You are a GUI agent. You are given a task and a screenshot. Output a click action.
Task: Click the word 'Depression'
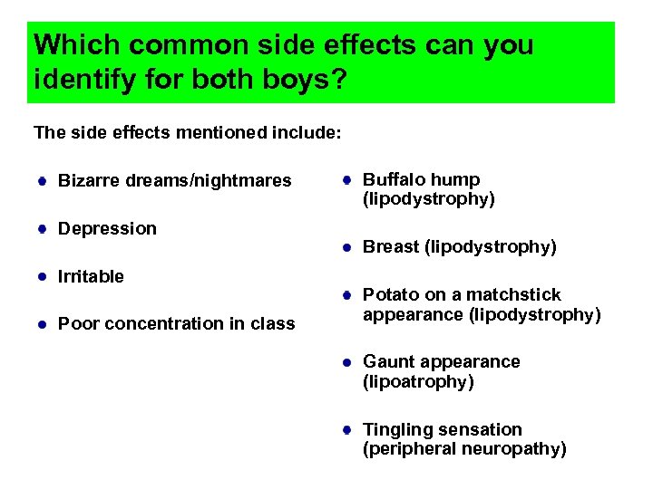[x=107, y=229]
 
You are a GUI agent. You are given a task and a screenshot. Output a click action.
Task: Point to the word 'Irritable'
[x=91, y=276]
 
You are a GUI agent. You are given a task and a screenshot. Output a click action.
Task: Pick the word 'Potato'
[x=390, y=295]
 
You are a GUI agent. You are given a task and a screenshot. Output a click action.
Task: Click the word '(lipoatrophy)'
[x=418, y=382]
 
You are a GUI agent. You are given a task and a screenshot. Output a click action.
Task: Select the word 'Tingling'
[x=397, y=430]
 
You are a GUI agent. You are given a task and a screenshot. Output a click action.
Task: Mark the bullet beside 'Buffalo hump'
[x=347, y=180]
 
